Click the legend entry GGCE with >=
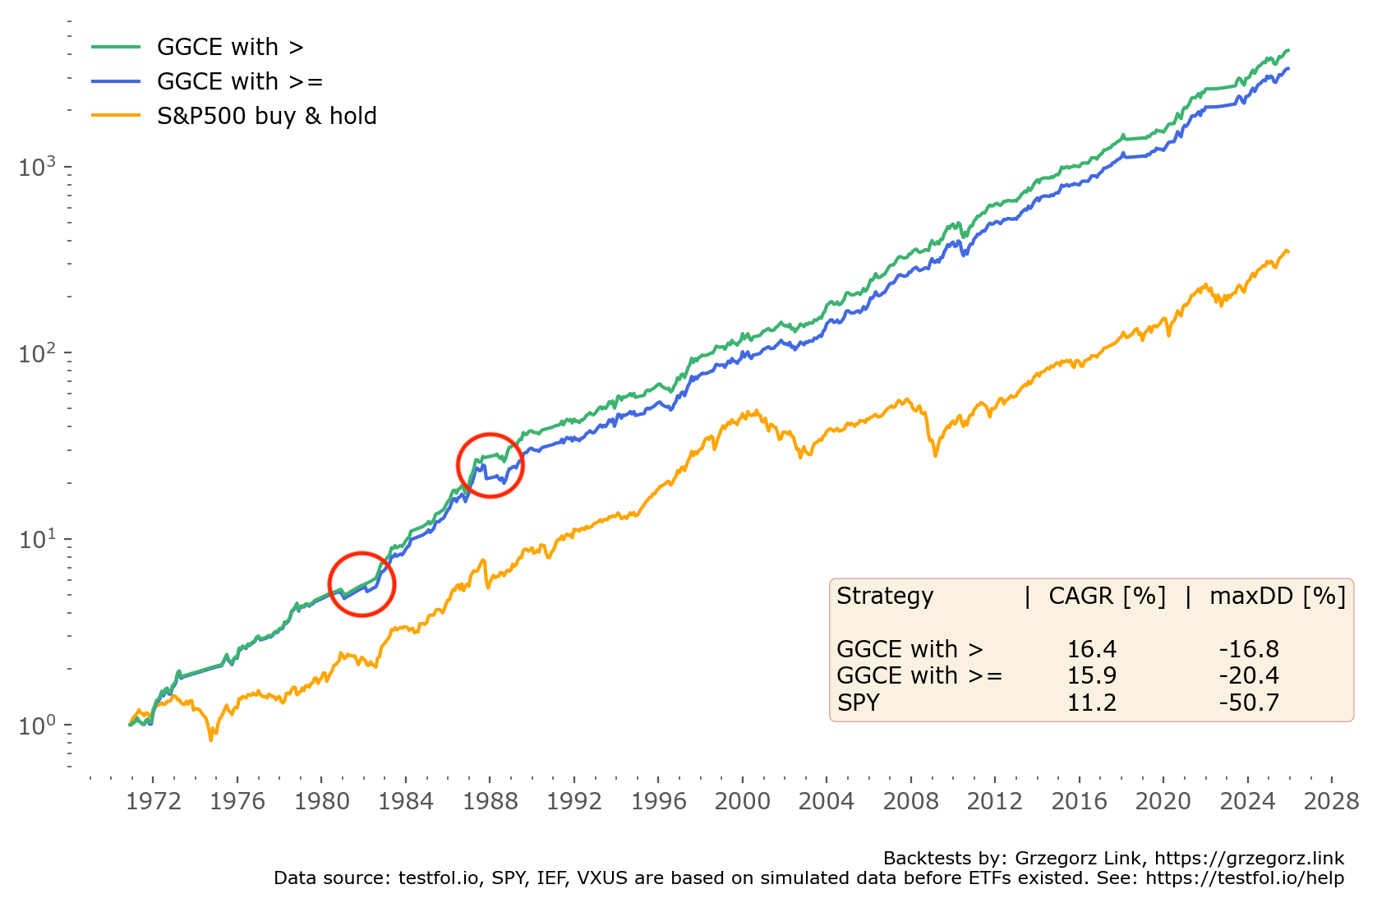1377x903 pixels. [x=240, y=81]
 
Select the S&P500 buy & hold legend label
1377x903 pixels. [x=266, y=116]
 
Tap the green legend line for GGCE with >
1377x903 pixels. [x=116, y=47]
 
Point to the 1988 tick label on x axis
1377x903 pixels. [x=490, y=801]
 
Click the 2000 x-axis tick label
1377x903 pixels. [x=742, y=801]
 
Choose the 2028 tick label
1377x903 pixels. [x=1331, y=801]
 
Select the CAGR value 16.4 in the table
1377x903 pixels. [x=1091, y=649]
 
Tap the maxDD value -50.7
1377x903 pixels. [x=1248, y=703]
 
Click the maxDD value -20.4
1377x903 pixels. [x=1248, y=675]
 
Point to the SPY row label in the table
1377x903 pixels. [x=858, y=703]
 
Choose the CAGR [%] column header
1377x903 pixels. [x=1107, y=596]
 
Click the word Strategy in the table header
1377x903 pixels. [x=885, y=596]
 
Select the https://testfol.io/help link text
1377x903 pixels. [x=1245, y=878]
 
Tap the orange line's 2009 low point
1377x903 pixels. [x=935, y=454]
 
